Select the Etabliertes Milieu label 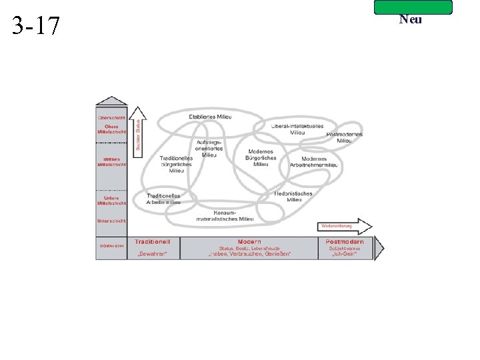(210, 117)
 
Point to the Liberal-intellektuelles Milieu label (297, 129)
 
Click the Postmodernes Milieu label (345, 137)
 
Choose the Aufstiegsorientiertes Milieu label (209, 148)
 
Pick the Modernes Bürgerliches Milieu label (261, 157)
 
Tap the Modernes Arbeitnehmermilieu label (313, 162)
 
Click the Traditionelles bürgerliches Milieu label (176, 164)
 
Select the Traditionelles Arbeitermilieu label (163, 199)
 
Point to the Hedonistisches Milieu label (293, 197)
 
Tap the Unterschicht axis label (112, 221)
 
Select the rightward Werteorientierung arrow (345, 225)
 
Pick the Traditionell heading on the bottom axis (152, 241)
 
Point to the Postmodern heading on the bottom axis (345, 241)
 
